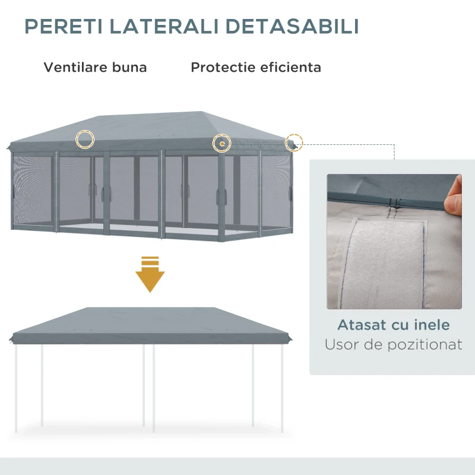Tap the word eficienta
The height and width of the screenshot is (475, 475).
pyautogui.click(x=290, y=67)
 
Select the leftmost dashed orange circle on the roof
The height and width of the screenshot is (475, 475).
pyautogui.click(x=85, y=138)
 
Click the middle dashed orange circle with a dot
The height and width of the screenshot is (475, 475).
pyautogui.click(x=222, y=142)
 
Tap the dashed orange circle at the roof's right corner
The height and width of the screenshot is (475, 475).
pyautogui.click(x=293, y=142)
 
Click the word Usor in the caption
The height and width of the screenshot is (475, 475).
pyautogui.click(x=343, y=344)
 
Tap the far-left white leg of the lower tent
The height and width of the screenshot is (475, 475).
pyautogui.click(x=16, y=386)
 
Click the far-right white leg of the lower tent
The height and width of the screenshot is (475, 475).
pyautogui.click(x=283, y=386)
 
